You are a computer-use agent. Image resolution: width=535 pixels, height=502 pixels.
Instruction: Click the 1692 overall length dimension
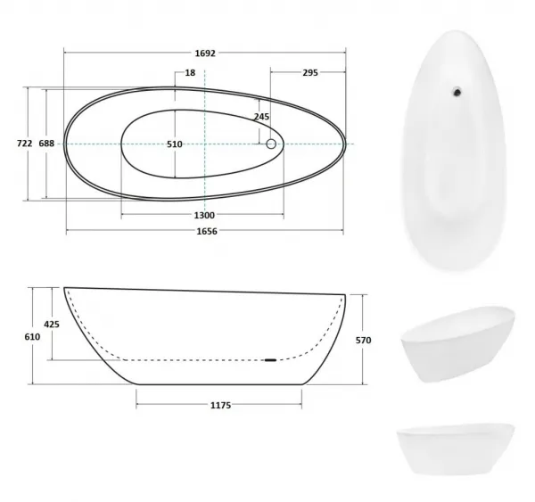pos(205,53)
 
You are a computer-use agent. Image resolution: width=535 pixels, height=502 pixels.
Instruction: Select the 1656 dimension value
pos(207,231)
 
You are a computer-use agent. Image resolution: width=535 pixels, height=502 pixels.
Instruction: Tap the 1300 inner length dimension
pos(204,216)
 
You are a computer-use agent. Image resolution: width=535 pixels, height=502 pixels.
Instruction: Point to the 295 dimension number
pos(310,73)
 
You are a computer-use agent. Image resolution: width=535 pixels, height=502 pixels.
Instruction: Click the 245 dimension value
pos(261,117)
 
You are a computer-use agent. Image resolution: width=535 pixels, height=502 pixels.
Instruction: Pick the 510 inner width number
pos(175,144)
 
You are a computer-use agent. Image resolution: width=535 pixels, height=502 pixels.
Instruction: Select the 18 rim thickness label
pos(191,73)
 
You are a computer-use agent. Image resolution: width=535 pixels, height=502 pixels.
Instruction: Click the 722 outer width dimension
pos(25,144)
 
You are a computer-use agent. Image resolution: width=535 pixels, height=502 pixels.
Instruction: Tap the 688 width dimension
pos(46,144)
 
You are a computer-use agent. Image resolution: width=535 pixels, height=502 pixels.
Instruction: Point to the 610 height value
pos(32,337)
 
